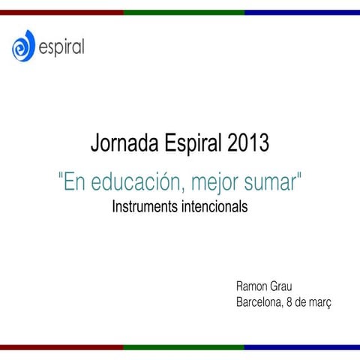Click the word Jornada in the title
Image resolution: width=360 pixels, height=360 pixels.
click(122, 142)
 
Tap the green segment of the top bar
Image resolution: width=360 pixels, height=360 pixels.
click(184, 12)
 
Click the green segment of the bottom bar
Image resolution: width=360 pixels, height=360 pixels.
click(184, 347)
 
